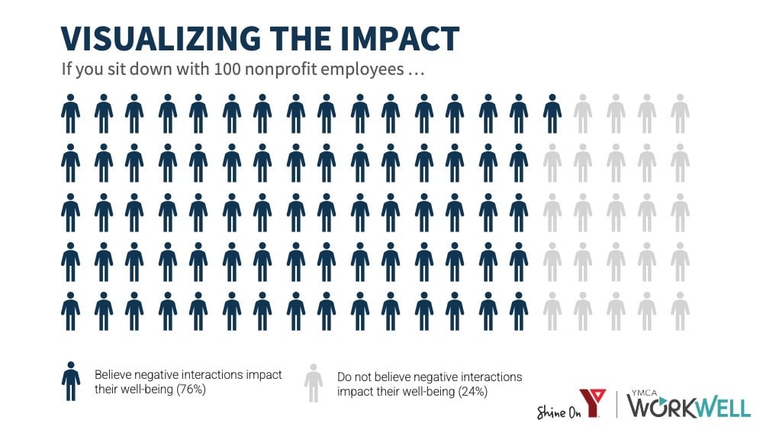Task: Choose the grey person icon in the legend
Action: [x=314, y=383]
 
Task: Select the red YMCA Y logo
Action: [x=592, y=403]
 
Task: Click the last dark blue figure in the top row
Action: [x=552, y=114]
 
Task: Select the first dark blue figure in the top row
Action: [x=71, y=114]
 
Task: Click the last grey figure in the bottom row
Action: [x=680, y=311]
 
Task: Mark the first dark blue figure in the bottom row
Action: [x=71, y=311]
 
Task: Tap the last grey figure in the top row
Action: [x=680, y=114]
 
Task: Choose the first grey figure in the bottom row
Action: [x=552, y=311]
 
